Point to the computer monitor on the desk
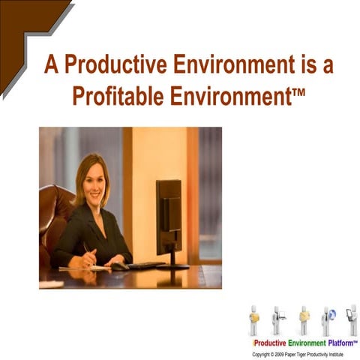[169, 217]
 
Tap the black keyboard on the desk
[145, 265]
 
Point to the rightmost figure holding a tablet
[351, 319]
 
